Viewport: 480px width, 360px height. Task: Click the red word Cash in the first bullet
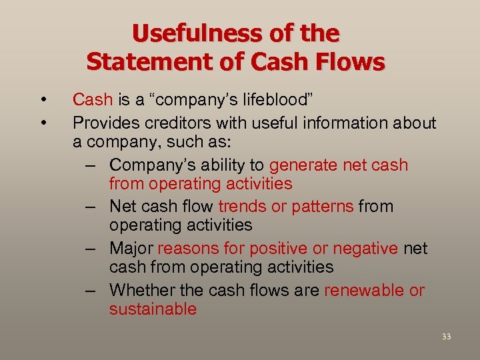pyautogui.click(x=93, y=100)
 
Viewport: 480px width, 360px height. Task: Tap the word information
pyautogui.click(x=341, y=123)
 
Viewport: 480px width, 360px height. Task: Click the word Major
pyautogui.click(x=131, y=249)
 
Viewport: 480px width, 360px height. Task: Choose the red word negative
pyautogui.click(x=366, y=249)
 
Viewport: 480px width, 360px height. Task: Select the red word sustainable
pyautogui.click(x=153, y=309)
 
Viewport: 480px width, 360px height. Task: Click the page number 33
pyautogui.click(x=446, y=337)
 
